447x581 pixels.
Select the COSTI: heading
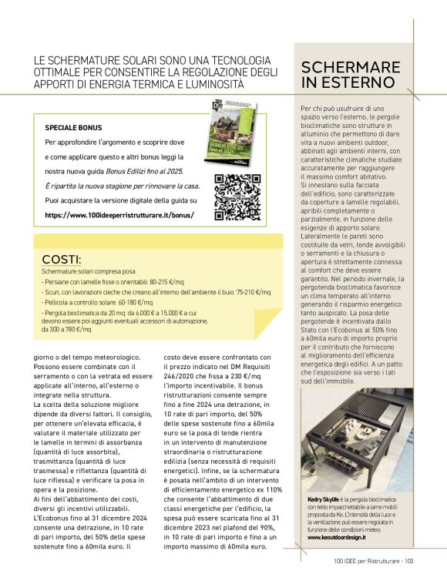point(62,260)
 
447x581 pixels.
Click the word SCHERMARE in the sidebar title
point(351,66)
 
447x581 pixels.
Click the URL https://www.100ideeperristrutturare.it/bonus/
point(119,215)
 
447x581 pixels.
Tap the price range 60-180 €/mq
point(134,302)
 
